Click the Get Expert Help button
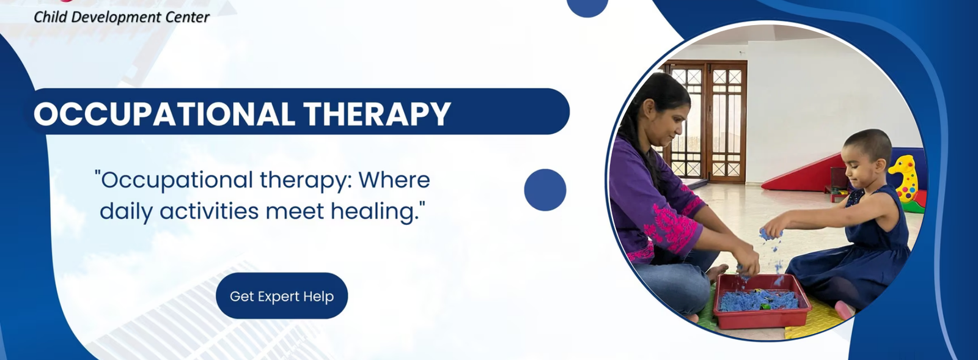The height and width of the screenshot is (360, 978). pos(282,296)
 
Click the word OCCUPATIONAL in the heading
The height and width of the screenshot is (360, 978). pos(164,114)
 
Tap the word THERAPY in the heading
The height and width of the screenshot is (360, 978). pos(377,114)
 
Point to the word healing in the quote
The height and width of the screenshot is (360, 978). pos(377,211)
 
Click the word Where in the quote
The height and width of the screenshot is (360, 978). pos(394,180)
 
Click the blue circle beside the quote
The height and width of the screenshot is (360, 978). pos(545,190)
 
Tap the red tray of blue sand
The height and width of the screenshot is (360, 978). pos(762,301)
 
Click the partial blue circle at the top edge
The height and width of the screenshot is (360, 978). pos(587,7)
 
